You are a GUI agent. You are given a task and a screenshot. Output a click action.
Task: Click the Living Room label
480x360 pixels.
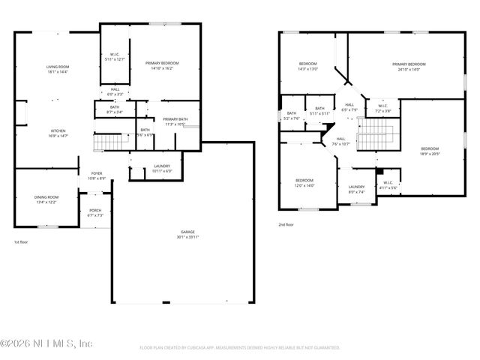click(x=58, y=69)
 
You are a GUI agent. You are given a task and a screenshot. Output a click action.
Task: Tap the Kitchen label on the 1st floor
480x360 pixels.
click(x=58, y=133)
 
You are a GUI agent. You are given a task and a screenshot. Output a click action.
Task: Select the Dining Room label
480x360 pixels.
click(x=47, y=199)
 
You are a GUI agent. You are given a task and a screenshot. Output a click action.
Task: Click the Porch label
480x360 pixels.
click(x=95, y=212)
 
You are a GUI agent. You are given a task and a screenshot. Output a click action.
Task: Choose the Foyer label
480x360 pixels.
click(x=97, y=175)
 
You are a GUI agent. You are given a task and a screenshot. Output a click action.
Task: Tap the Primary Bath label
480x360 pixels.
click(x=175, y=121)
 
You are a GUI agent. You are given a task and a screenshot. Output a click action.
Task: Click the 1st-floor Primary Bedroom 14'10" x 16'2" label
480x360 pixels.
click(x=162, y=66)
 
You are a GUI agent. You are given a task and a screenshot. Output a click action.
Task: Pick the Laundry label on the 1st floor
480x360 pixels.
click(x=161, y=168)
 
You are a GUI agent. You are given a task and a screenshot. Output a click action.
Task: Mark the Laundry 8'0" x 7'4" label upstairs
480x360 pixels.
click(x=356, y=189)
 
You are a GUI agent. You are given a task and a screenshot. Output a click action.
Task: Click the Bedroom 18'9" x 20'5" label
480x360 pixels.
click(x=429, y=151)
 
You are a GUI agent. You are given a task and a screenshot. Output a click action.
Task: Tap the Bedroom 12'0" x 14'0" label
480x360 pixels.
click(x=304, y=182)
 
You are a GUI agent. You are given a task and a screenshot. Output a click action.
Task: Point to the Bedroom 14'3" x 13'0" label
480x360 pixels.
click(x=308, y=66)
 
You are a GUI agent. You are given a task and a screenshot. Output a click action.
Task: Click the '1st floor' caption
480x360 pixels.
click(x=22, y=242)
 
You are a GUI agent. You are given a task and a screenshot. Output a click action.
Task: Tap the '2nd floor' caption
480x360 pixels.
click(x=286, y=224)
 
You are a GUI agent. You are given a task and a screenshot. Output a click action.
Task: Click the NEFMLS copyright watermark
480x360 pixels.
click(x=46, y=344)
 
